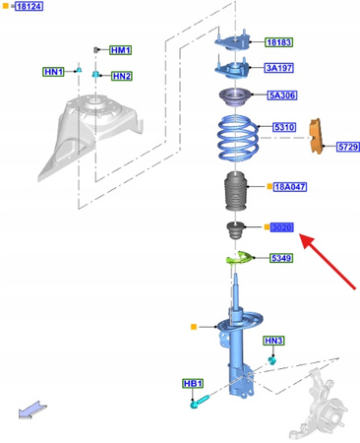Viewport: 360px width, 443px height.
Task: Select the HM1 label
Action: [120, 49]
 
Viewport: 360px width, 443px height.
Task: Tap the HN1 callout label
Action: [53, 71]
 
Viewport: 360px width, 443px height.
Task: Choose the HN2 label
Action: [121, 76]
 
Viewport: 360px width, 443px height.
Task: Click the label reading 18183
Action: [278, 42]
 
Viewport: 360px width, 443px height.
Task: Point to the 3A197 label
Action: [279, 68]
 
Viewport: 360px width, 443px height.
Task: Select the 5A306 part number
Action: [281, 95]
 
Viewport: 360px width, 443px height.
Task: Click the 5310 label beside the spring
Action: [283, 127]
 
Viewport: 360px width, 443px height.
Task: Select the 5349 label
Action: [282, 258]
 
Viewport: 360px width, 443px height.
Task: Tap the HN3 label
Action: [273, 341]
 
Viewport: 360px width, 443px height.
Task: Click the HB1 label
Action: [192, 383]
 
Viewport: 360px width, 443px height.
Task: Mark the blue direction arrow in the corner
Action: [31, 410]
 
